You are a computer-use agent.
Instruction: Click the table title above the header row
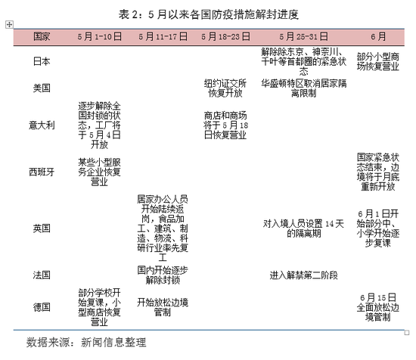pos(209,14)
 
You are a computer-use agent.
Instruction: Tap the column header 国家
pos(42,36)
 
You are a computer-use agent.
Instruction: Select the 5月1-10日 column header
pos(100,36)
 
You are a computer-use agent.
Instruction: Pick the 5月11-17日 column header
pos(163,36)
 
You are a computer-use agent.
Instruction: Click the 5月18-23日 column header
pos(225,36)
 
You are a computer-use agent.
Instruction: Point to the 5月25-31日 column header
pos(303,36)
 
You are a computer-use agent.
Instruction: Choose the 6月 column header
pos(378,36)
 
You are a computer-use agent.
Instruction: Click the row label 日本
pos(42,61)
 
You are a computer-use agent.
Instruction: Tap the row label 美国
pos(42,88)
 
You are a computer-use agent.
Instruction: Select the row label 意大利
pos(42,126)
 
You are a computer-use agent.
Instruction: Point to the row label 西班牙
pos(42,172)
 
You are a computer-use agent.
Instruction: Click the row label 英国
pos(42,228)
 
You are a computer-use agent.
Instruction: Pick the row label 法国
pos(42,275)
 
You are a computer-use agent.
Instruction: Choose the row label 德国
pos(42,307)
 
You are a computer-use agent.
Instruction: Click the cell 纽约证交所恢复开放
pos(225,88)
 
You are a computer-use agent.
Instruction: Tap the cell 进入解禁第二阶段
pos(303,275)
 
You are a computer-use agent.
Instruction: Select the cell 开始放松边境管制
pos(163,307)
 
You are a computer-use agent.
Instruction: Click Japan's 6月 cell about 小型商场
pos(378,61)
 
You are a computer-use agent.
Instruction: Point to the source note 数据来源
pos(86,342)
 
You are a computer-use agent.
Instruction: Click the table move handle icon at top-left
pos(9,25)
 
